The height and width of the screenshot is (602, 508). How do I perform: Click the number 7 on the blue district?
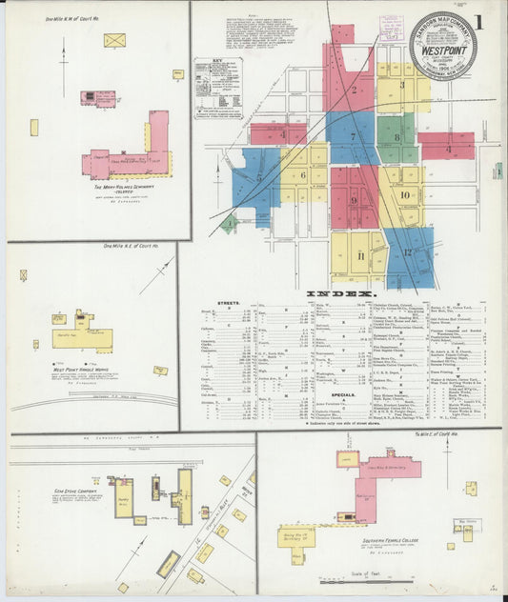(x=352, y=136)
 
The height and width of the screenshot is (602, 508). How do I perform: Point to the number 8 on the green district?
(x=396, y=138)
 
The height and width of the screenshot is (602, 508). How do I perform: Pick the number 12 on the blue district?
(x=407, y=253)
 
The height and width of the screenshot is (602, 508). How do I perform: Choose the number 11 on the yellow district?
(x=359, y=257)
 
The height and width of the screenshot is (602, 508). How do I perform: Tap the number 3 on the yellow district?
(x=402, y=85)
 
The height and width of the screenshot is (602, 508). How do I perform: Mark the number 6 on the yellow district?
(x=303, y=175)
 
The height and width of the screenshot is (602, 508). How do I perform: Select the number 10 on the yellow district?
(x=405, y=195)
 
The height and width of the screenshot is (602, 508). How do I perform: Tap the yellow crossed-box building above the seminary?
(x=114, y=40)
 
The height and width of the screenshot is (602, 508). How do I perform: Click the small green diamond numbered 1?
(x=228, y=224)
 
